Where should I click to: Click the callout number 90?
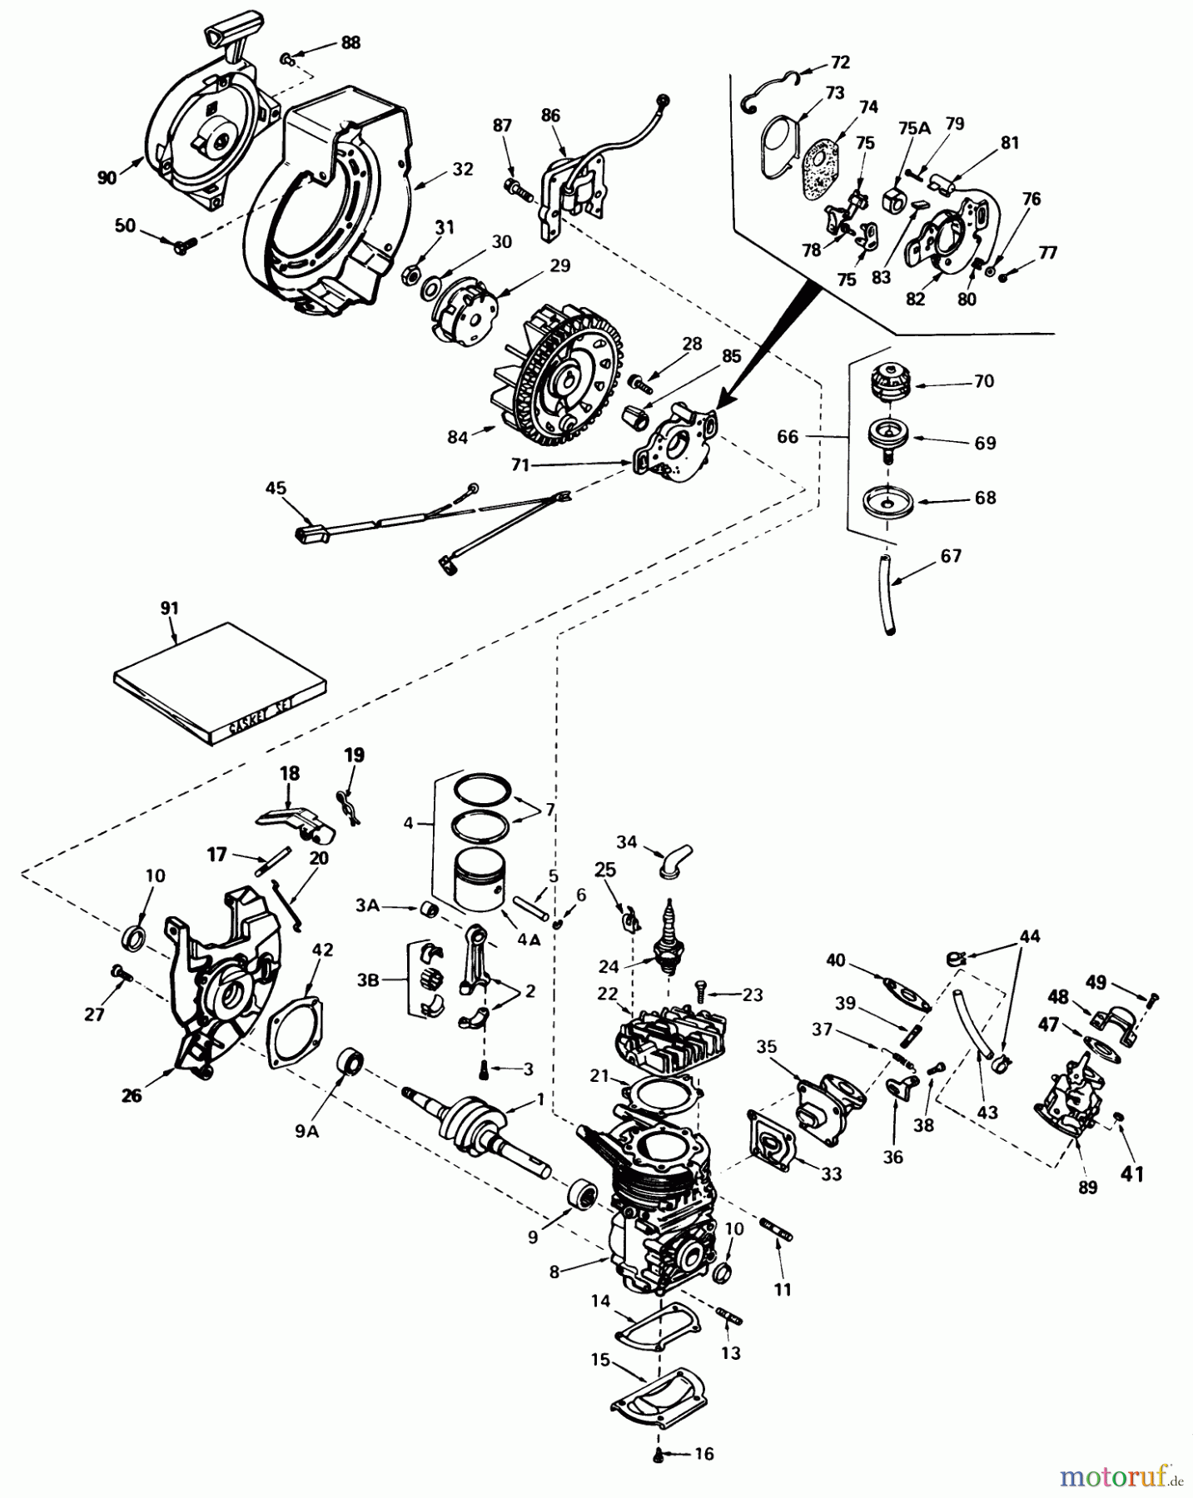107,176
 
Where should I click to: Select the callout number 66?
788,436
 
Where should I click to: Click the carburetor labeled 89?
1068,1092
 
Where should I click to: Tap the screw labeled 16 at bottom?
658,1453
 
